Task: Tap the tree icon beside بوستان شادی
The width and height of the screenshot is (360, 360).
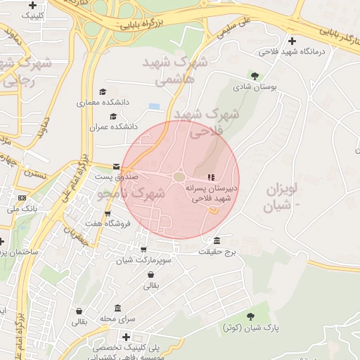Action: pos(255,76)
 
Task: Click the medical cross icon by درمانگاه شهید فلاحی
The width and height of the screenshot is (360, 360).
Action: pos(292,41)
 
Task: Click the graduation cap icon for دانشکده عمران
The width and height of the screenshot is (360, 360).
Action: pos(112,117)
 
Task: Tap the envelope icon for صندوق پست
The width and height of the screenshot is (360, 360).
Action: pos(115,167)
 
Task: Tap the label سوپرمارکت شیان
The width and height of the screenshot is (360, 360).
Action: pos(146,259)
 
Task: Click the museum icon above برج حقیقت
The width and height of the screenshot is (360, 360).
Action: pos(217,240)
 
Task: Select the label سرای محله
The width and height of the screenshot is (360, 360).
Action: pos(117,319)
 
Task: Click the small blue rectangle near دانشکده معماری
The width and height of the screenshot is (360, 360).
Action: pos(154,106)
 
